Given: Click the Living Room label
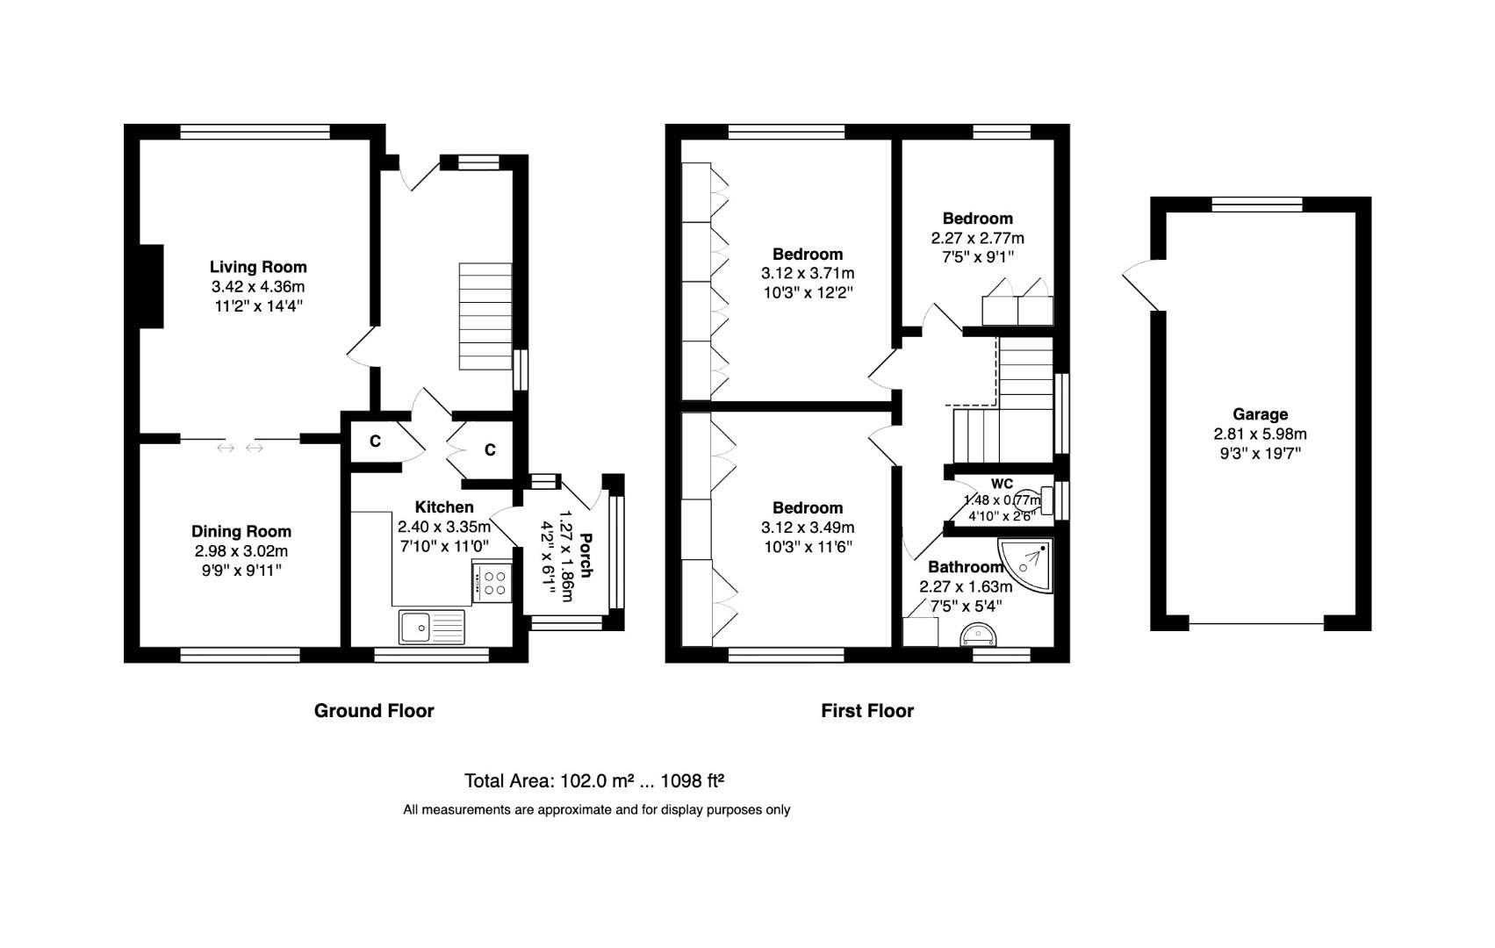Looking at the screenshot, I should click(x=258, y=267).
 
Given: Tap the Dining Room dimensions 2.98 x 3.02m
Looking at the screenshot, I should click(x=241, y=551).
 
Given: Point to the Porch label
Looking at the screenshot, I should click(x=586, y=555).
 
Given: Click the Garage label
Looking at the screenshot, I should click(x=1260, y=414).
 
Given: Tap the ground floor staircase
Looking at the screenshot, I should click(x=485, y=316).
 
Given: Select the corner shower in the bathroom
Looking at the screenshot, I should click(x=1028, y=567).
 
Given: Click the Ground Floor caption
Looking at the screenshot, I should click(x=374, y=711).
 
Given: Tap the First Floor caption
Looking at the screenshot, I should click(x=867, y=711).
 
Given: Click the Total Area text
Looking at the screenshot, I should click(x=593, y=781).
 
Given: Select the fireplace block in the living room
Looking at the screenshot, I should click(x=150, y=287).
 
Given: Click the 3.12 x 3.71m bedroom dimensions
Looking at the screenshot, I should click(x=808, y=274).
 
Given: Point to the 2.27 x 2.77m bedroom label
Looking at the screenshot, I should click(x=977, y=219).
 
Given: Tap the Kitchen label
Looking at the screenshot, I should click(x=444, y=507).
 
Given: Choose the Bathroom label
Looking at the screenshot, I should click(x=966, y=567).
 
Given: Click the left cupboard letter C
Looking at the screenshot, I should click(x=375, y=442).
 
